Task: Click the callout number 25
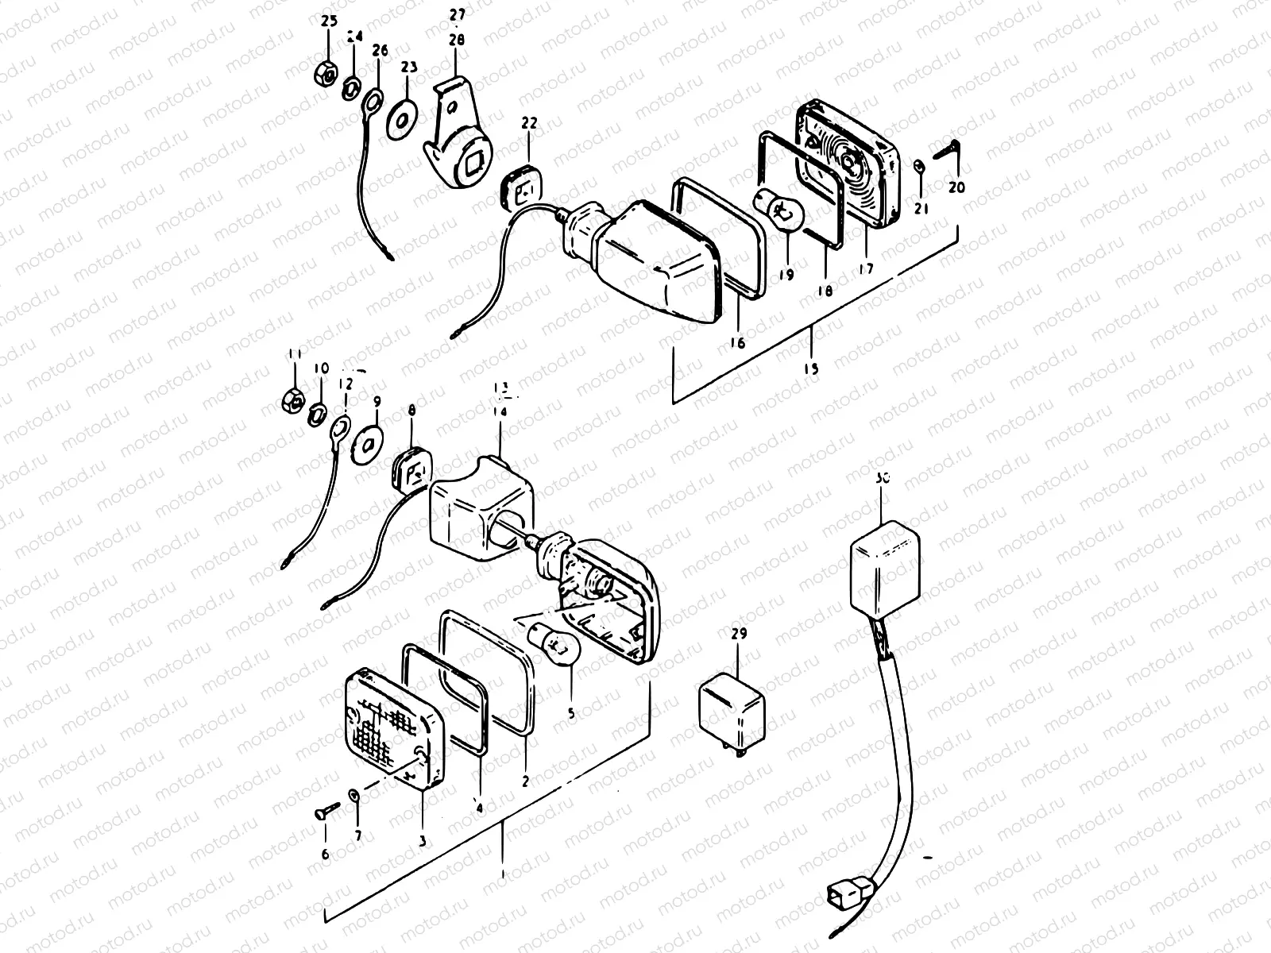(329, 22)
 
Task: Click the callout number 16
(737, 342)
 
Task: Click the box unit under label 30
(885, 561)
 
